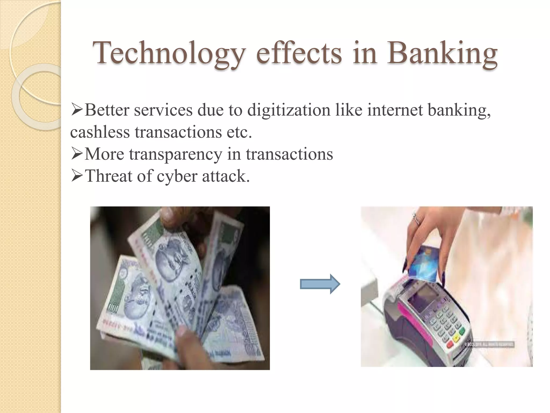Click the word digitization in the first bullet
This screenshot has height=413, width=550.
point(289,110)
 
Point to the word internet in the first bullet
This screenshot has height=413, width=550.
point(395,110)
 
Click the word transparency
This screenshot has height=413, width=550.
point(176,154)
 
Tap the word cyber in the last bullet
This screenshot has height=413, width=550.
point(177,176)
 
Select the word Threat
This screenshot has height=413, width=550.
point(108,176)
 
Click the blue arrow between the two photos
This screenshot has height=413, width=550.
point(320,284)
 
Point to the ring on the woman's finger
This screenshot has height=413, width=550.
point(417,219)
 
